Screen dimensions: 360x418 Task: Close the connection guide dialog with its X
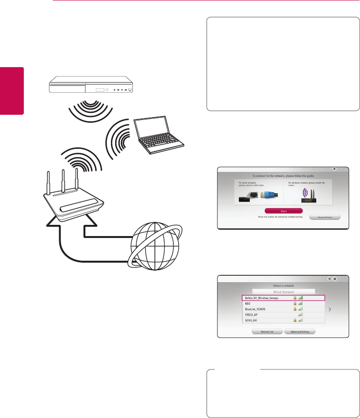334,169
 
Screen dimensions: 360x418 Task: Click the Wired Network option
283,291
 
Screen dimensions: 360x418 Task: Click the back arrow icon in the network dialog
329,279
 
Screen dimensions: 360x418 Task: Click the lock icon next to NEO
295,303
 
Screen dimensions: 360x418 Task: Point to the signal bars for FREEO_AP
301,315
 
